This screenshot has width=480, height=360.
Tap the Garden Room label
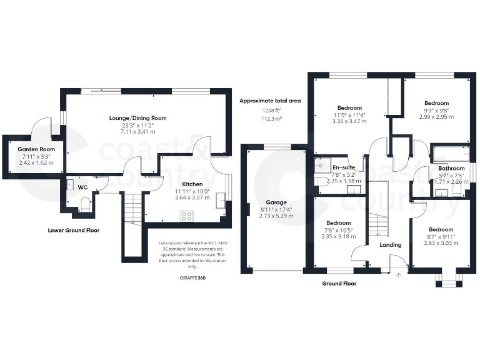tap(36, 149)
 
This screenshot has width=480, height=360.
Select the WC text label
tap(82, 186)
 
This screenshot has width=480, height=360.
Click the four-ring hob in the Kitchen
tap(186, 216)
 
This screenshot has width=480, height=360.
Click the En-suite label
tap(343, 167)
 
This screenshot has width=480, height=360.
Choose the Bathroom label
tap(451, 168)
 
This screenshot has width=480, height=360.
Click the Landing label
tap(391, 245)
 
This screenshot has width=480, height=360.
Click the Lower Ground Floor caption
tap(74, 230)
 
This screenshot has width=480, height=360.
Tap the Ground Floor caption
tap(339, 283)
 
